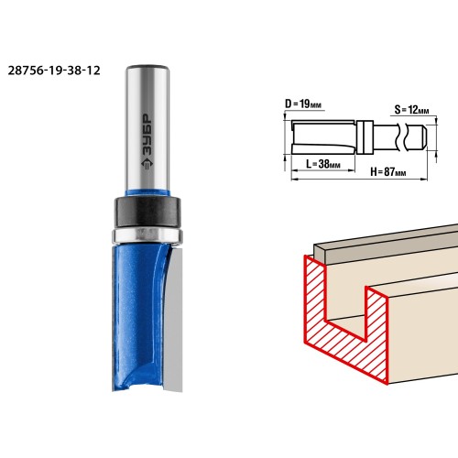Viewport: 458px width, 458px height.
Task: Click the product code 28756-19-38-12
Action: pyautogui.click(x=54, y=71)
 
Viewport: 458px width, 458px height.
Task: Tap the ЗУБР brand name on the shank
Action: pyautogui.click(x=148, y=136)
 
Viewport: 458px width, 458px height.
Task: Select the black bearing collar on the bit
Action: pyautogui.click(x=148, y=213)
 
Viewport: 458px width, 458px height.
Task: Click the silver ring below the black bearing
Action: pyautogui.click(x=148, y=236)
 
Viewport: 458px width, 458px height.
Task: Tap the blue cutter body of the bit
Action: pyautogui.click(x=139, y=318)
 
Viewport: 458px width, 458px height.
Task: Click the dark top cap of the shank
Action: pyautogui.click(x=147, y=67)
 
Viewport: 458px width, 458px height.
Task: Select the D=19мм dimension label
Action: pyautogui.click(x=303, y=104)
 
